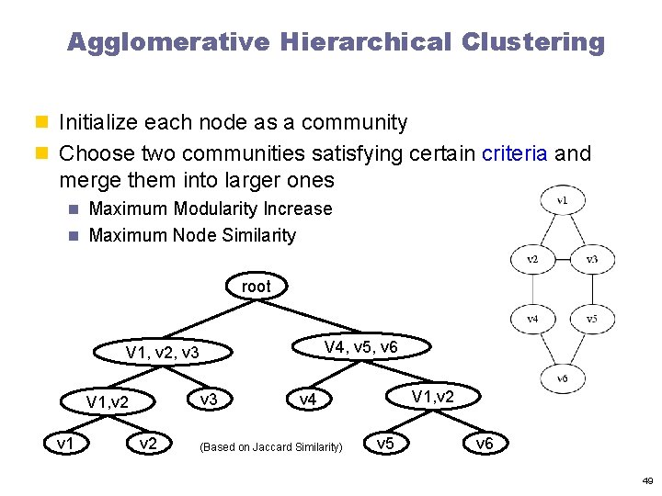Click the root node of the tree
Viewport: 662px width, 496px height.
[257, 287]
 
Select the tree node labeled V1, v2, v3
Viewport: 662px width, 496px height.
[163, 353]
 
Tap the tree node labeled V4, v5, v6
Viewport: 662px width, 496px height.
[361, 346]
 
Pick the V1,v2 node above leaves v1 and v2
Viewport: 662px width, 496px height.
[107, 401]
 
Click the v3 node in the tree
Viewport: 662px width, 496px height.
[209, 399]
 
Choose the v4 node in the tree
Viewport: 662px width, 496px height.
[307, 400]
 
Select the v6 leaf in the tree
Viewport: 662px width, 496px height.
[484, 445]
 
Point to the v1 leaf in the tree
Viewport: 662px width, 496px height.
[66, 444]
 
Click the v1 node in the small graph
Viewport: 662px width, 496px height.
[562, 199]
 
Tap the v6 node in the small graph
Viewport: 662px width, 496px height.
[562, 378]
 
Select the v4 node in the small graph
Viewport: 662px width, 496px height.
[532, 320]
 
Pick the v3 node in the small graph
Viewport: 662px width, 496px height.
[592, 259]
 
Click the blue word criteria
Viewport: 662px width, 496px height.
[516, 152]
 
